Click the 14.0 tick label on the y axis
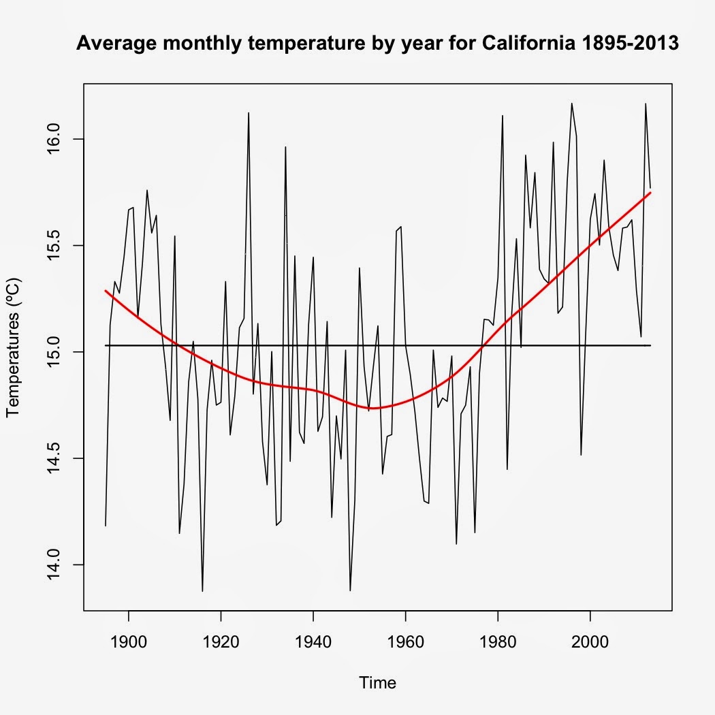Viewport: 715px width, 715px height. click(57, 565)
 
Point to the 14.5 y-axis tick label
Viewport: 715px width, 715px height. click(57, 458)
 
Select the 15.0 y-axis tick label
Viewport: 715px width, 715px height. click(57, 352)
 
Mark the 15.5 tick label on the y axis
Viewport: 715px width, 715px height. click(57, 245)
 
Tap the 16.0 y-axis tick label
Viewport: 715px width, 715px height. click(57, 139)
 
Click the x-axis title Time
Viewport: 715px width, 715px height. click(378, 682)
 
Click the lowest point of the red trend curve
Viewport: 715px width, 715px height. click(375, 408)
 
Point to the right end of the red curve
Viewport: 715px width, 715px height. click(650, 193)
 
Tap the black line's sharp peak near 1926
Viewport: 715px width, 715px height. click(249, 113)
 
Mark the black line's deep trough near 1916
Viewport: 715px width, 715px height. click(202, 590)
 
